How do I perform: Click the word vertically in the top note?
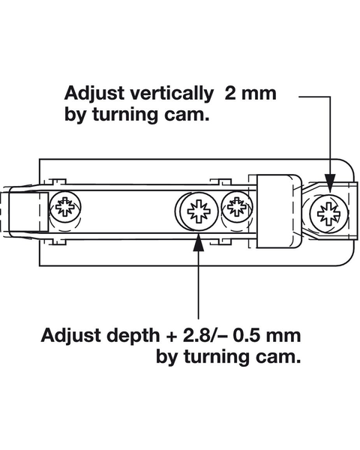[x=172, y=94]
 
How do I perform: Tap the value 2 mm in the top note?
[x=250, y=93]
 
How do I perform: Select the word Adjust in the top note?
[x=94, y=94]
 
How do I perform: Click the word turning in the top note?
[x=124, y=115]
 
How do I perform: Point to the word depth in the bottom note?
[x=133, y=336]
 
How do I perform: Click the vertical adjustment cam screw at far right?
[x=328, y=214]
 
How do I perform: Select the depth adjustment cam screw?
[x=199, y=211]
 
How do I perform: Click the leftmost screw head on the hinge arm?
[x=65, y=207]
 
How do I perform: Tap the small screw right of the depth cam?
[x=237, y=207]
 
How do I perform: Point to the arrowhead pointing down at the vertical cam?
[x=330, y=182]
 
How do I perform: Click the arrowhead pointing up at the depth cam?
[x=199, y=242]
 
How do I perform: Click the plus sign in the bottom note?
[x=172, y=336]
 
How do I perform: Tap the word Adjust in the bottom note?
[x=71, y=336]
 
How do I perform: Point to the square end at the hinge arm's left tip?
[x=28, y=212]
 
